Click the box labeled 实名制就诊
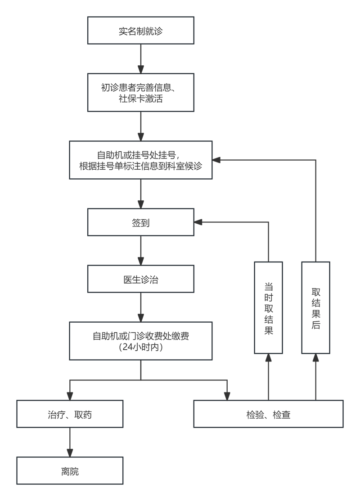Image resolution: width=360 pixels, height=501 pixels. click(141, 31)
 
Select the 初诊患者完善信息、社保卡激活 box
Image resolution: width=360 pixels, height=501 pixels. click(141, 93)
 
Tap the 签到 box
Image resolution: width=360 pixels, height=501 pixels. click(141, 222)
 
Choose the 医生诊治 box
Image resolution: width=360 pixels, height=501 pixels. click(141, 280)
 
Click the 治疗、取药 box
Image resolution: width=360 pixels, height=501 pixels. click(70, 414)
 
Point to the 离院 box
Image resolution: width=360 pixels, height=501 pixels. click(70, 471)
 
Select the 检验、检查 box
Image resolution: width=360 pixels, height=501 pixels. click(268, 414)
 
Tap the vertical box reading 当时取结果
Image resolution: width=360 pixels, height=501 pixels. click(268, 307)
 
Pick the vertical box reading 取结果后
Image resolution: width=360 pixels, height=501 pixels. click(316, 307)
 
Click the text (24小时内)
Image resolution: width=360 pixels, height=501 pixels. click(141, 348)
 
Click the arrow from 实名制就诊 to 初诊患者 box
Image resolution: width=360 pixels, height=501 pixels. click(141, 59)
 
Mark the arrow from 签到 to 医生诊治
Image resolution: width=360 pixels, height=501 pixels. click(141, 250)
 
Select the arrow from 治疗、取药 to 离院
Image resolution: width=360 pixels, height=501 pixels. click(70, 442)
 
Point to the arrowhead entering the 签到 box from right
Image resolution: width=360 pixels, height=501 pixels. click(198, 222)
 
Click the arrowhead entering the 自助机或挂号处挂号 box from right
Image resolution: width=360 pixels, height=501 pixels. click(216, 159)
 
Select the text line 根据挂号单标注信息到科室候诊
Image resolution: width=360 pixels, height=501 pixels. click(141, 166)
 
